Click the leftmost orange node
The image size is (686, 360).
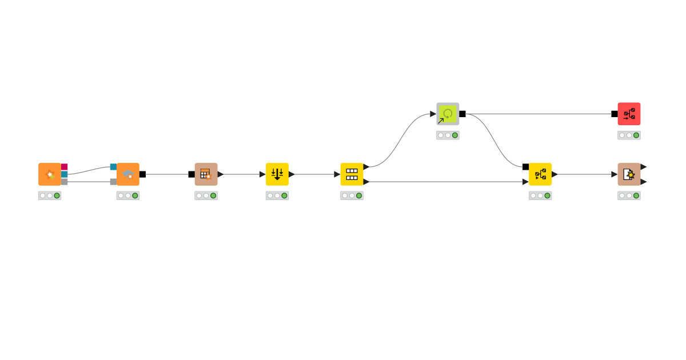coord(50,174)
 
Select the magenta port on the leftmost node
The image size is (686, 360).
coord(64,167)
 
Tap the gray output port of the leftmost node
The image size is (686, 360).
coord(64,182)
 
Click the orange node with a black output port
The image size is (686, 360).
coord(127,174)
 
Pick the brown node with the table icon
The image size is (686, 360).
coord(206,174)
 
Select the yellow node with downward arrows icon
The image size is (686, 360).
coord(277,174)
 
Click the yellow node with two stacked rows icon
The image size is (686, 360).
coord(352,174)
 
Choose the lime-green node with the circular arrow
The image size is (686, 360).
coord(448,114)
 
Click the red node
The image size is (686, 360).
coord(629,114)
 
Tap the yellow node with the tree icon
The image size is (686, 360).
coord(540,174)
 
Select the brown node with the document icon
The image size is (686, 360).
coord(629,174)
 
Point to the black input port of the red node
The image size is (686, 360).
coord(615,114)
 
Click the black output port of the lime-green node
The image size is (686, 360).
coord(462,114)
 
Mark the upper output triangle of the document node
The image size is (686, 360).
coord(643,167)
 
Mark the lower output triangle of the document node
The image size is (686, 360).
coord(643,182)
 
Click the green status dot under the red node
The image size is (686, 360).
coord(636,135)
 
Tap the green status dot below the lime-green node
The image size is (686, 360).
coord(455,135)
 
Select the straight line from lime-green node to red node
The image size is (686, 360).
coord(543,114)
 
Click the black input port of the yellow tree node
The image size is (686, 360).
coord(525,167)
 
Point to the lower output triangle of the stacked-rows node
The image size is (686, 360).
coord(366,182)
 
